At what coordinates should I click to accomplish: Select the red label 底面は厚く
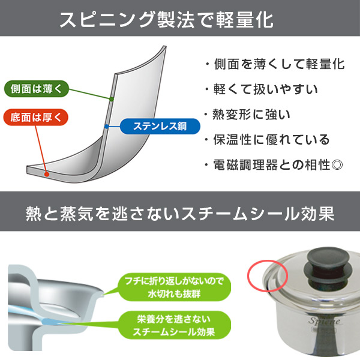[x=35, y=116]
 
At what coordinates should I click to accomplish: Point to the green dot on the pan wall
[x=112, y=98]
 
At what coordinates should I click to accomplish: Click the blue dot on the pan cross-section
[x=106, y=126]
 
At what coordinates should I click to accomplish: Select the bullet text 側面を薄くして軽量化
[x=274, y=64]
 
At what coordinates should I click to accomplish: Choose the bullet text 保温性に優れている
[x=267, y=140]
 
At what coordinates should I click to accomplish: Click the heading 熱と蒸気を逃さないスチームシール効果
[x=180, y=214]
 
